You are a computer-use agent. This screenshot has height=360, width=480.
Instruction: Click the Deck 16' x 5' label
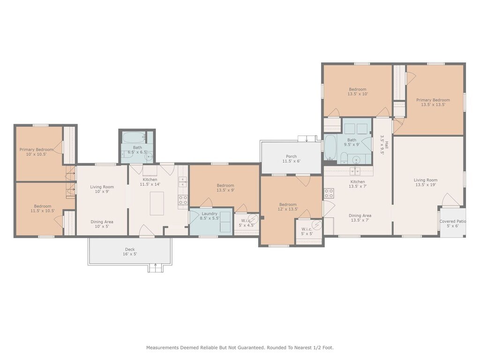[x=130, y=252]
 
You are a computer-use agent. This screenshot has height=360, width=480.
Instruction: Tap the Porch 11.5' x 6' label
[x=291, y=158]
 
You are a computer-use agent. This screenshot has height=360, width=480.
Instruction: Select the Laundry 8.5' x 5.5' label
[x=210, y=216]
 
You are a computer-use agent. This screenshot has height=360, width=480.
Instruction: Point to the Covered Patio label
[x=452, y=221]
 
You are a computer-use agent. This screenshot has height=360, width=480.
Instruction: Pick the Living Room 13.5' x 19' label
[x=426, y=182]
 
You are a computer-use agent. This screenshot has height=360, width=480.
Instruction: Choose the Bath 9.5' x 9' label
[x=352, y=142]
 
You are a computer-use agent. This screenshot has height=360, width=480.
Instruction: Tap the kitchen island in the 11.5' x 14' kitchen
[x=157, y=203]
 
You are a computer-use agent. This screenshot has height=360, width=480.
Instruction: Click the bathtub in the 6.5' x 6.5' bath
[x=134, y=138]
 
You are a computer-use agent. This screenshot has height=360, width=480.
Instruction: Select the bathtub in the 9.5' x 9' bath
[x=330, y=148]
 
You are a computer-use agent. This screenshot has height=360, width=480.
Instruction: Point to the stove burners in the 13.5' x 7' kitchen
[x=329, y=193]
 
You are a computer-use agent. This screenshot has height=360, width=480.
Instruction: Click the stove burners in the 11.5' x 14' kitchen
[x=183, y=200]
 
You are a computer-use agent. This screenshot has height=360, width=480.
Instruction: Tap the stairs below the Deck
[x=156, y=269]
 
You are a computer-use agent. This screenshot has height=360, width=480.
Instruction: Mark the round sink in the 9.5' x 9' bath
[x=356, y=160]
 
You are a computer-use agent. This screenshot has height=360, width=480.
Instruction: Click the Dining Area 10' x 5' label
[x=102, y=224]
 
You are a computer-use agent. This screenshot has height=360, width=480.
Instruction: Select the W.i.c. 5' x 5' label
[x=307, y=232]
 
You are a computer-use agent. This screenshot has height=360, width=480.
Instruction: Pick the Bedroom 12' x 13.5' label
[x=288, y=207]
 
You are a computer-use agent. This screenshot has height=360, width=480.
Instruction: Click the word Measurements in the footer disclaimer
[x=163, y=347]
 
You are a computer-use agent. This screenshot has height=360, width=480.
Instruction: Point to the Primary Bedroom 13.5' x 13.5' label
[x=433, y=102]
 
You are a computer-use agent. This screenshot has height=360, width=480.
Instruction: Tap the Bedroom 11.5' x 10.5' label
[x=43, y=209]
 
